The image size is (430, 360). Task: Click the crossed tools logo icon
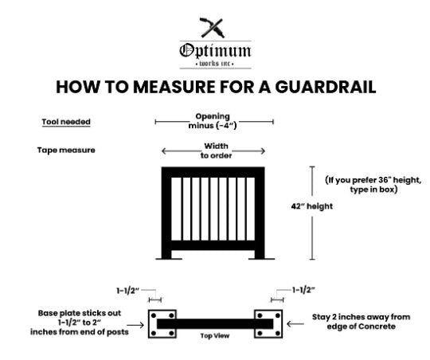click(x=213, y=28)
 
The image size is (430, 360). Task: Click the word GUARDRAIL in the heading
click(x=325, y=88)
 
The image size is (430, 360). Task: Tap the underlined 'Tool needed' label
click(x=66, y=122)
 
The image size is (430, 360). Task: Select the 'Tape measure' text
click(x=66, y=150)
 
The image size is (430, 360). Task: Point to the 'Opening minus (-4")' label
click(x=213, y=121)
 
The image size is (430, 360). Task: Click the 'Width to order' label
click(x=216, y=151)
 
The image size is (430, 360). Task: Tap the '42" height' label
click(x=312, y=206)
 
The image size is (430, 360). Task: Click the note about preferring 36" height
click(x=373, y=185)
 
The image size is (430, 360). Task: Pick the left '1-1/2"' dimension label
click(x=128, y=291)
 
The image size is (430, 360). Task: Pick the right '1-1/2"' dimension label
click(x=303, y=290)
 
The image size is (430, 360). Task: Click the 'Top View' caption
click(x=215, y=335)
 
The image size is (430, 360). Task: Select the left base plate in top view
click(x=162, y=324)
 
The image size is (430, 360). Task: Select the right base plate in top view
click(x=268, y=324)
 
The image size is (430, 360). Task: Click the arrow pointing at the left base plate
click(x=135, y=325)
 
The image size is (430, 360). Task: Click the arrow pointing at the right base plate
click(x=295, y=324)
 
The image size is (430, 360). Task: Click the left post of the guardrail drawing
click(x=166, y=213)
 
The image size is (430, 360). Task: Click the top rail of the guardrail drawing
click(x=213, y=172)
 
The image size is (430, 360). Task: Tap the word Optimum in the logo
click(x=215, y=51)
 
